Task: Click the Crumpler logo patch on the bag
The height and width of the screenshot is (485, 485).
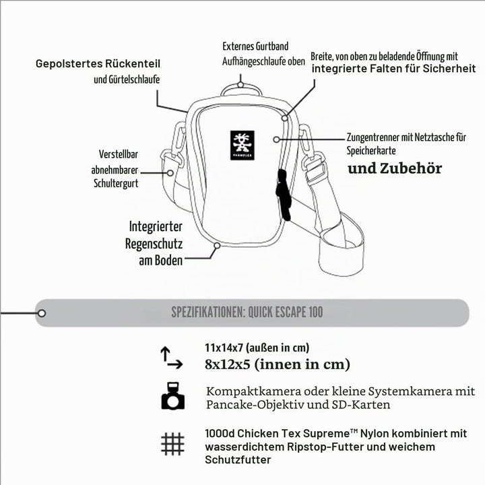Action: coord(243,145)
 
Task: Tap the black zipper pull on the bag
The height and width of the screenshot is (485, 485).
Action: coord(284,195)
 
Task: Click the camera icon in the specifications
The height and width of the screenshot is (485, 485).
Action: coord(173,396)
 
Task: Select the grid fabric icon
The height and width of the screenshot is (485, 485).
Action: coord(172,444)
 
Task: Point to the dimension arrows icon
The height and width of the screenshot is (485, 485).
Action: coord(171,358)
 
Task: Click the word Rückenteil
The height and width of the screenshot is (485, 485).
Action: coord(133,64)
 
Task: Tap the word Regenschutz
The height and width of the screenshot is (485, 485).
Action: coord(154,244)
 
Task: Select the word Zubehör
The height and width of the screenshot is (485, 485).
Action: coord(410,168)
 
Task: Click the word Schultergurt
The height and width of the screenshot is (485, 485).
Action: coord(116,183)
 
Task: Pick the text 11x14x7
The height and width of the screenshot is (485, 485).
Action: coord(224,348)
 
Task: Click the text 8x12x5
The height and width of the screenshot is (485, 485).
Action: coord(228,364)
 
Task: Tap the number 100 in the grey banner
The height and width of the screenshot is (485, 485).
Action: coord(315,312)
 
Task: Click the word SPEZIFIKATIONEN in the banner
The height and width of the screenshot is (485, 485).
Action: coord(208,313)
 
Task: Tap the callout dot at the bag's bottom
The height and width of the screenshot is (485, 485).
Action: coord(217,246)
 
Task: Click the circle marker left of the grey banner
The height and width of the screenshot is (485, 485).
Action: coord(42,313)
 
